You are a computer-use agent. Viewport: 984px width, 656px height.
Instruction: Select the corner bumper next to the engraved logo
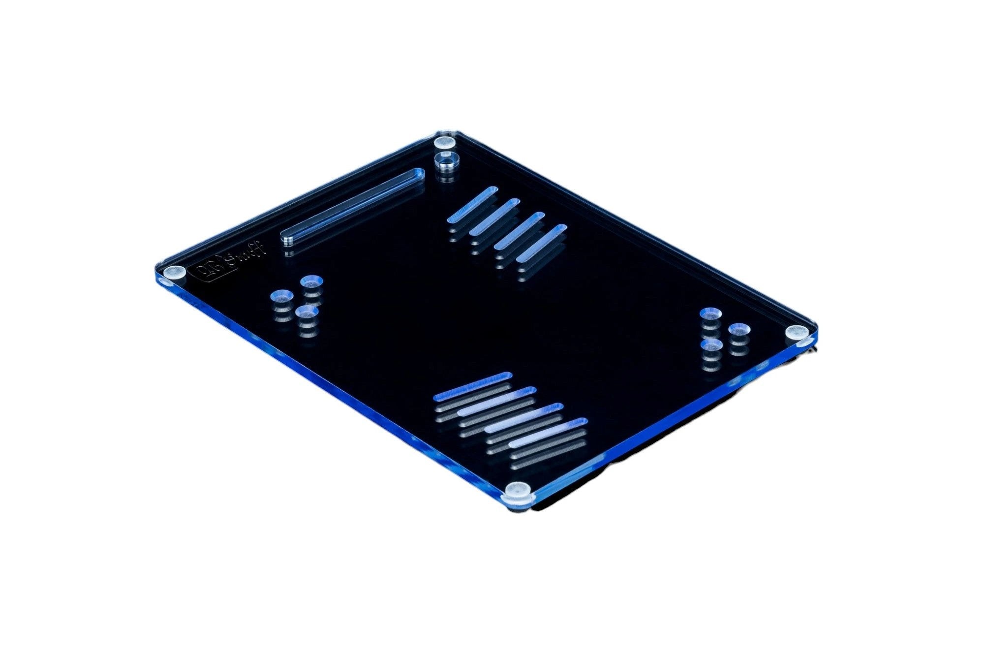175,272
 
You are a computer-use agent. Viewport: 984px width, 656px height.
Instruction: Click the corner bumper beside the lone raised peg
445,143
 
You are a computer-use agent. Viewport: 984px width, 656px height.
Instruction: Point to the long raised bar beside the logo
352,205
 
